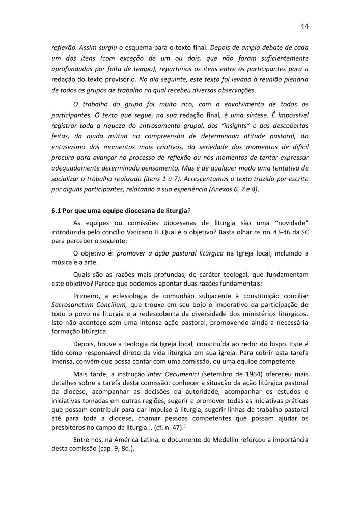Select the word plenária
[x=293, y=80]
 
